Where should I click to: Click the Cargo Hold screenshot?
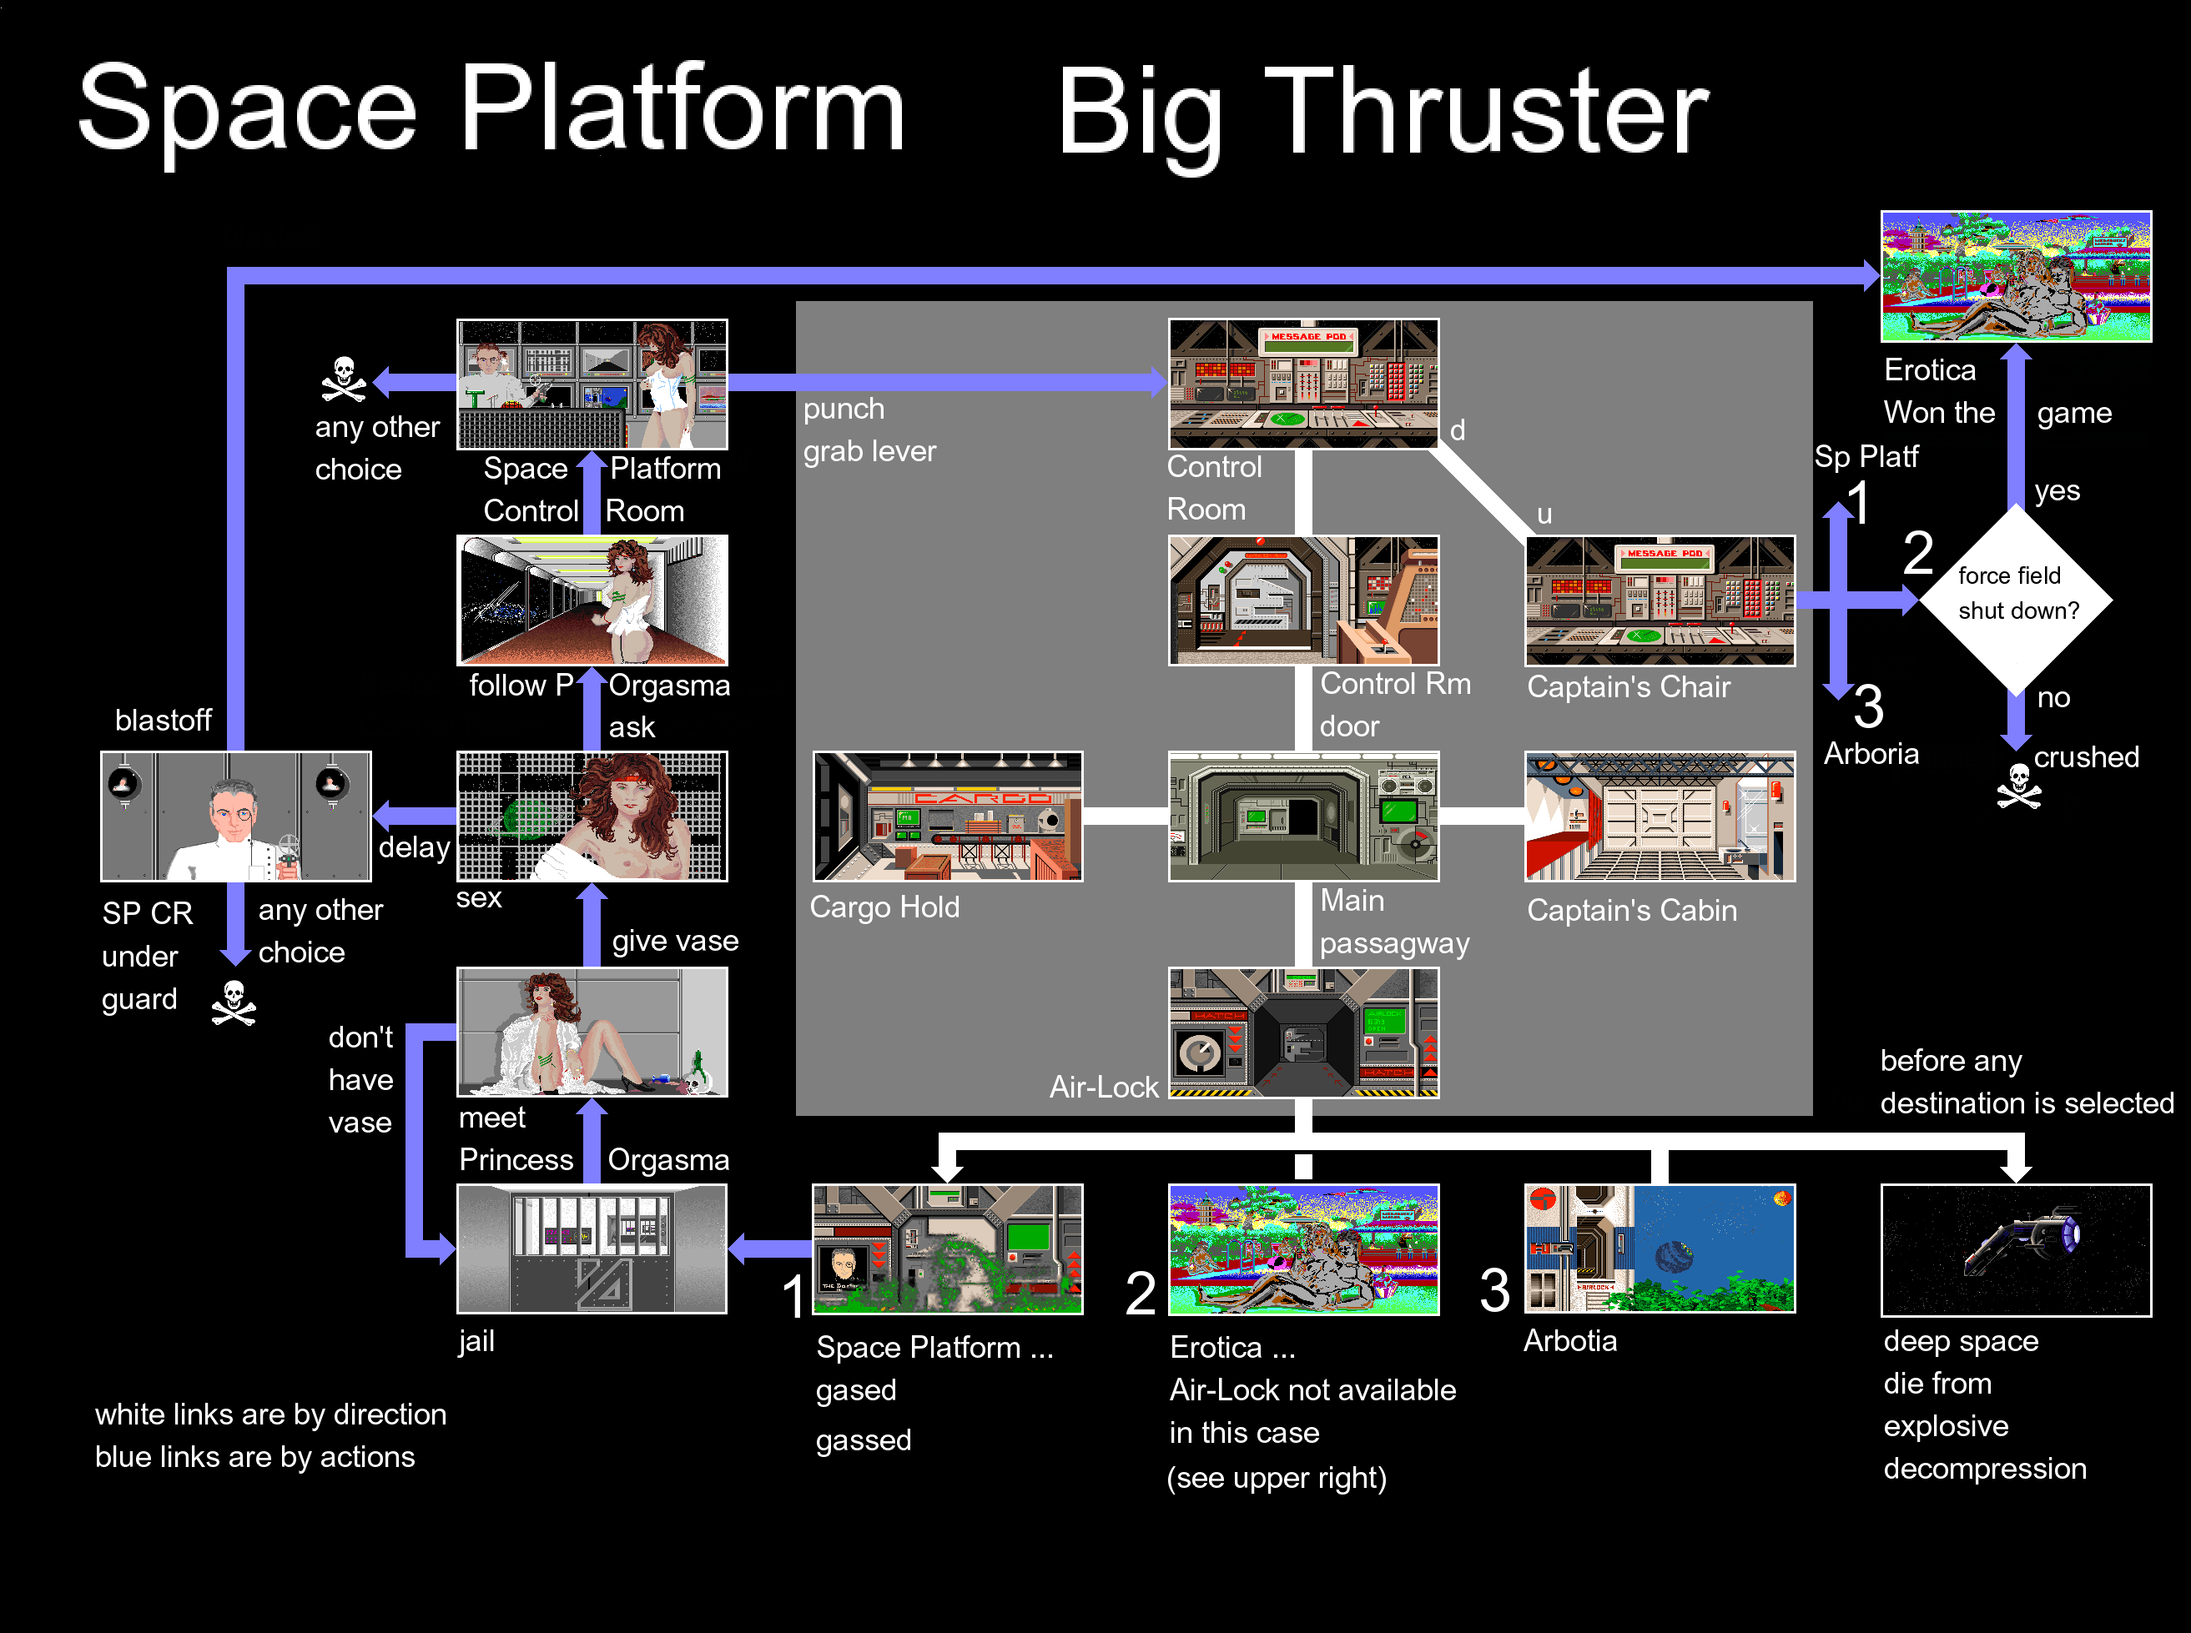point(947,816)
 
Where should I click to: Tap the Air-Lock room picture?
point(1303,1032)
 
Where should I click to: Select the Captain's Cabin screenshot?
point(1660,816)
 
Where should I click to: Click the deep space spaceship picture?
point(2016,1249)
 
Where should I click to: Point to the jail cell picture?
point(592,1249)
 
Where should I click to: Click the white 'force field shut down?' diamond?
point(2016,599)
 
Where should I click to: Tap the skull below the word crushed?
point(2018,786)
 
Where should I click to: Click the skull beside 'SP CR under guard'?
point(234,1003)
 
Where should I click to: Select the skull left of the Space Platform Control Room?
point(343,379)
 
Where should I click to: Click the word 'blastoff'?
point(164,720)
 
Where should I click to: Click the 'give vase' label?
point(675,940)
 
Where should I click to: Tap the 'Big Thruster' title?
point(1383,113)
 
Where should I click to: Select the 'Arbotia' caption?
point(1570,1340)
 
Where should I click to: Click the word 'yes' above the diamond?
point(2057,490)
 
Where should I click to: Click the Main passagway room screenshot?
point(1303,816)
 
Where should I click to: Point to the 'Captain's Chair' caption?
point(1629,686)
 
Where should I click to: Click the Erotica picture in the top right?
point(2016,276)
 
